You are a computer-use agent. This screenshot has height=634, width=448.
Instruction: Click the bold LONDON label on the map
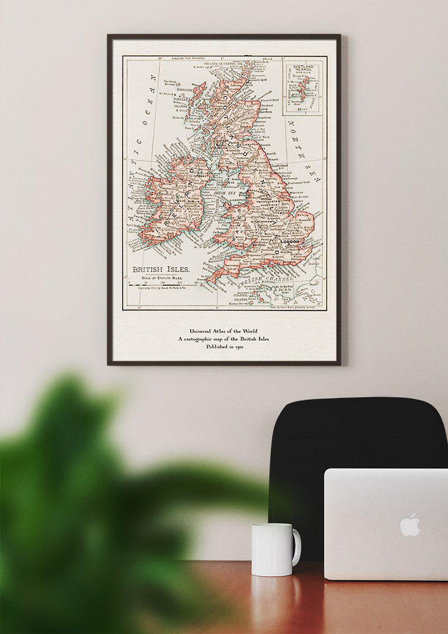(289, 241)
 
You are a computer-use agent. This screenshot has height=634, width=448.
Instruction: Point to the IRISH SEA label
(226, 193)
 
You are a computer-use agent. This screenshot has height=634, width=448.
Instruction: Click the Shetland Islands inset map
(302, 87)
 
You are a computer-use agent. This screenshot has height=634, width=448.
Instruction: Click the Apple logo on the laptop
(410, 525)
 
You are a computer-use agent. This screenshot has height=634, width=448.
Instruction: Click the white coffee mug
(273, 549)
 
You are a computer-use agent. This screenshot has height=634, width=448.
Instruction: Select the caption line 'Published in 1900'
(224, 347)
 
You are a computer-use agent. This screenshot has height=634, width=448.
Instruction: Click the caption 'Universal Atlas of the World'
(224, 330)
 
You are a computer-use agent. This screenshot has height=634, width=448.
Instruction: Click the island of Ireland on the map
(173, 198)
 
